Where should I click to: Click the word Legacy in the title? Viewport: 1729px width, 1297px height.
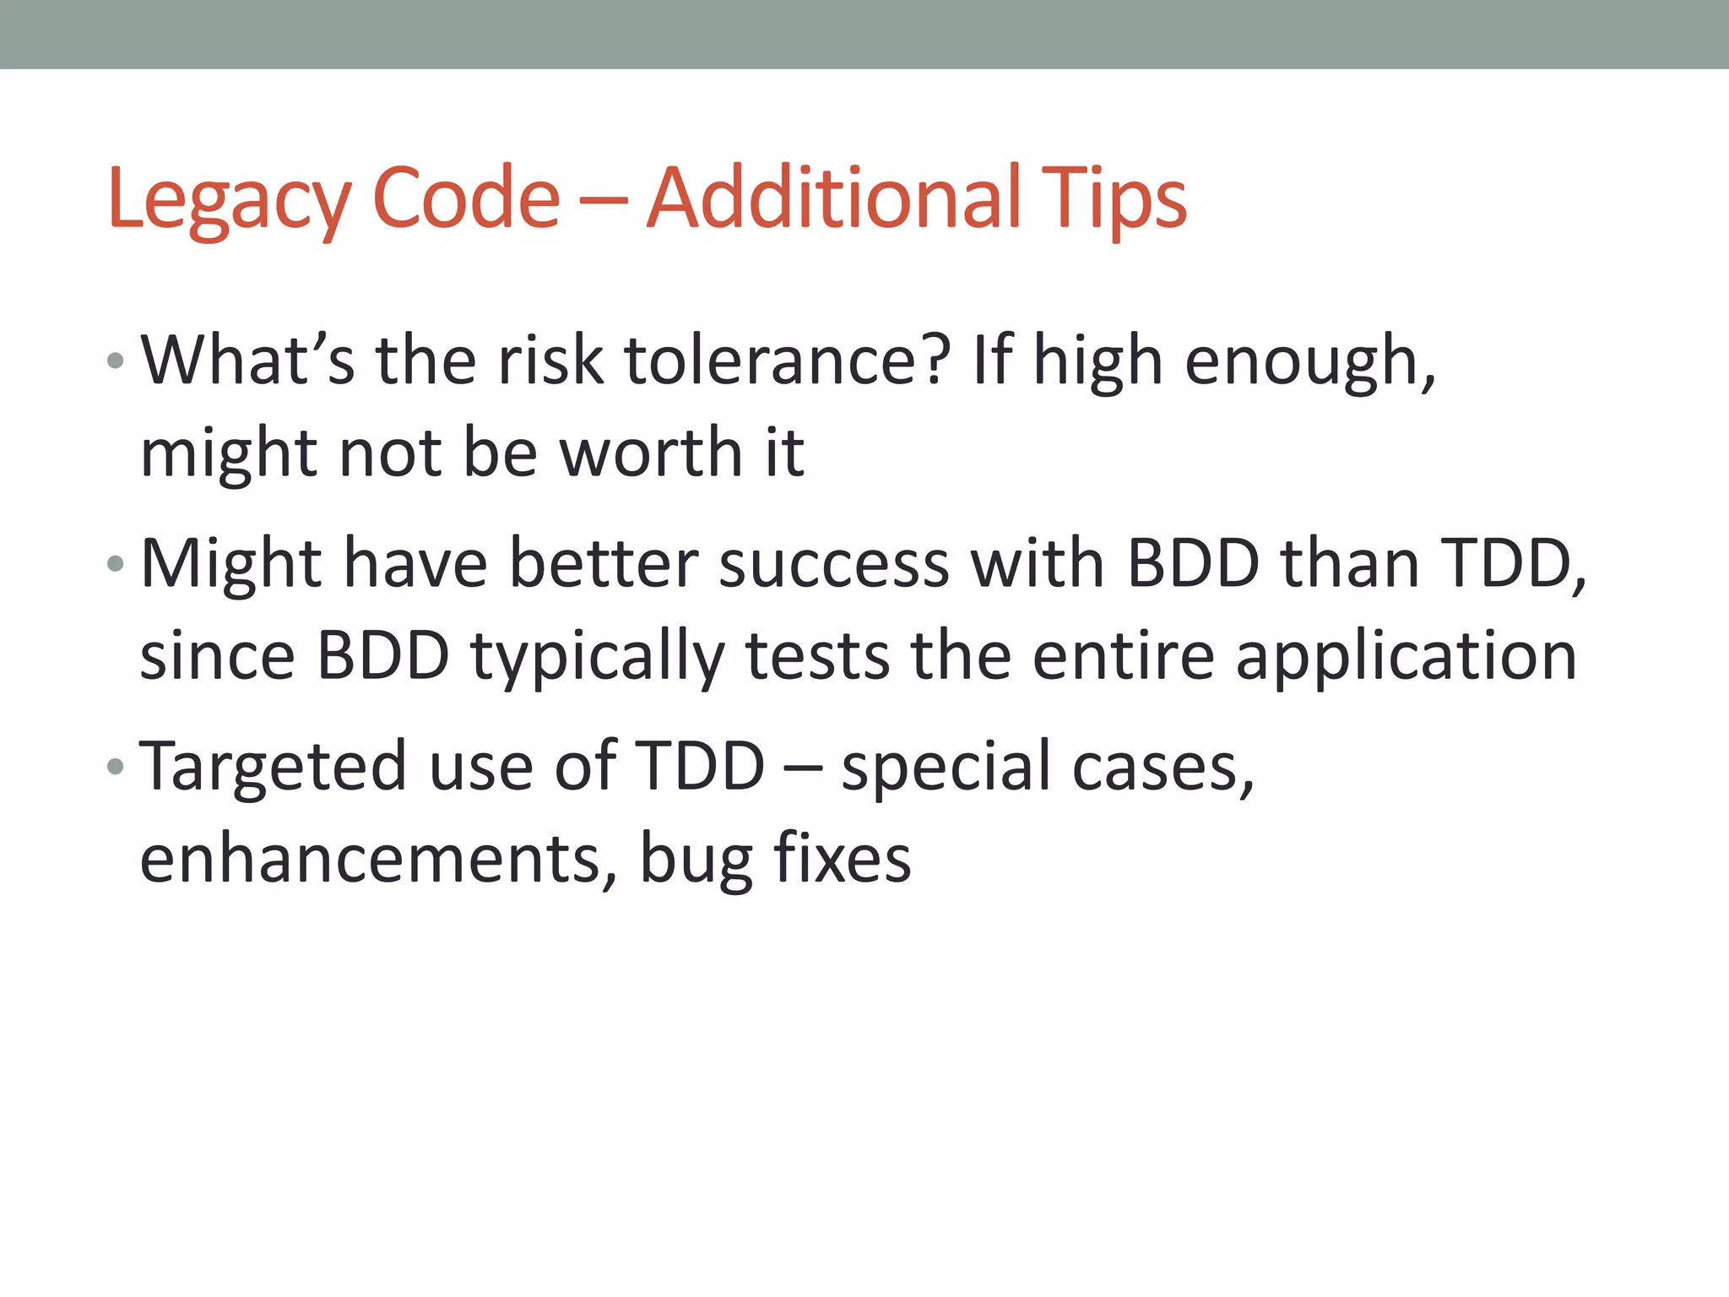228,199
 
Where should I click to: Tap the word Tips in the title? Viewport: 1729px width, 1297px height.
1114,199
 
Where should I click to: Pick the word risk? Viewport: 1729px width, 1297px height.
550,361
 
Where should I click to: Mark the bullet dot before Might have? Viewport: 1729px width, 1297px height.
116,563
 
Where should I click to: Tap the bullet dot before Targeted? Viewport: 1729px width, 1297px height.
116,767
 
